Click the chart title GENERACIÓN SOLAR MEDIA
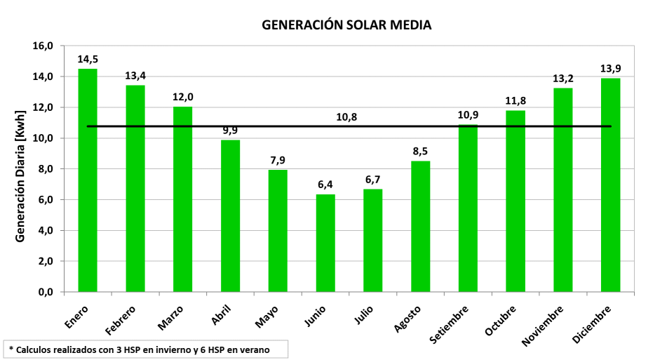click(x=346, y=25)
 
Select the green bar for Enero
click(x=88, y=180)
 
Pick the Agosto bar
click(x=421, y=226)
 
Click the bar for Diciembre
click(x=611, y=185)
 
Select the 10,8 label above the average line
click(x=346, y=116)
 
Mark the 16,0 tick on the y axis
click(x=43, y=46)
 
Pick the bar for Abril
click(x=231, y=215)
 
